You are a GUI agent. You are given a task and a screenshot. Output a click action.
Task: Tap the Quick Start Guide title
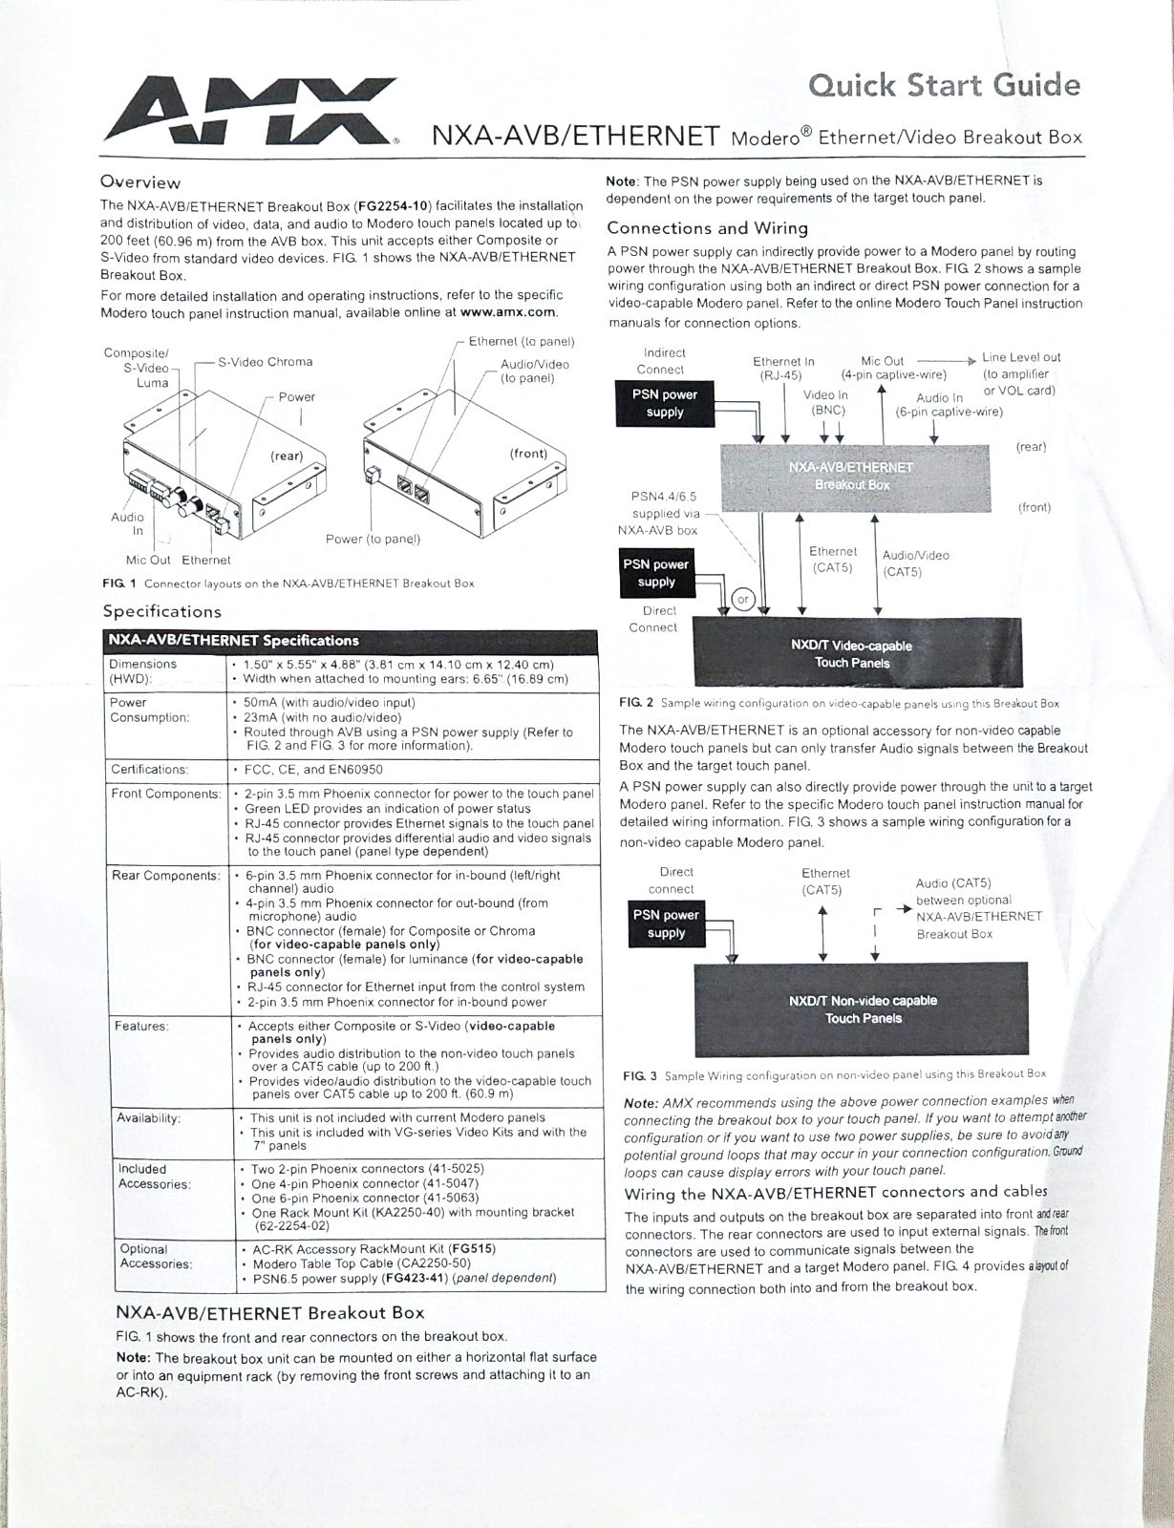click(x=944, y=85)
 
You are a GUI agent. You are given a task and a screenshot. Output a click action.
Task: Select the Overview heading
click(x=140, y=182)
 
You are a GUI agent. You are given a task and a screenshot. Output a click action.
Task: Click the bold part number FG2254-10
click(x=393, y=206)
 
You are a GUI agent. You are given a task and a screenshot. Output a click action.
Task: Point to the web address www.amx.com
click(x=508, y=311)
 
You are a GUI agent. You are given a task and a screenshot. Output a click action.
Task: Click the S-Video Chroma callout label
click(x=266, y=362)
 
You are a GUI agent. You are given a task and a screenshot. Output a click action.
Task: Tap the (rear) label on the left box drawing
click(x=287, y=456)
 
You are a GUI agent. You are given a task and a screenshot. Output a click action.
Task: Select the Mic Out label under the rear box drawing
click(x=148, y=560)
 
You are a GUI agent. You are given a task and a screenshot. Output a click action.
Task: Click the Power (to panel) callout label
click(x=373, y=539)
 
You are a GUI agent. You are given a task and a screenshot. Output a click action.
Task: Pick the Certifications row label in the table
click(x=150, y=770)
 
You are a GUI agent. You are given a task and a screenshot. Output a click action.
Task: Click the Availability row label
click(x=148, y=1118)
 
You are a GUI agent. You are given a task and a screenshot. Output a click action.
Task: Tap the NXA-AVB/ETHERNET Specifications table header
click(x=233, y=641)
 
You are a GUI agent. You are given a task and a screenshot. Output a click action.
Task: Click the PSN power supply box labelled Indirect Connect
click(x=665, y=404)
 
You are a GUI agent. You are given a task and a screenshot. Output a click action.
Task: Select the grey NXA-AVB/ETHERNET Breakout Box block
click(x=855, y=477)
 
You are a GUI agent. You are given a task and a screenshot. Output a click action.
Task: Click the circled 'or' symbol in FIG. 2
click(x=743, y=600)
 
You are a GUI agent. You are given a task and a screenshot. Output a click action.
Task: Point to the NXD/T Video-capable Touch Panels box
click(x=858, y=652)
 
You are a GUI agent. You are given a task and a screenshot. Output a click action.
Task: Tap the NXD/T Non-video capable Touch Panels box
click(x=862, y=1009)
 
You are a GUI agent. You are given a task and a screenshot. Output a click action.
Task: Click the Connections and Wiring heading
click(x=708, y=228)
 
